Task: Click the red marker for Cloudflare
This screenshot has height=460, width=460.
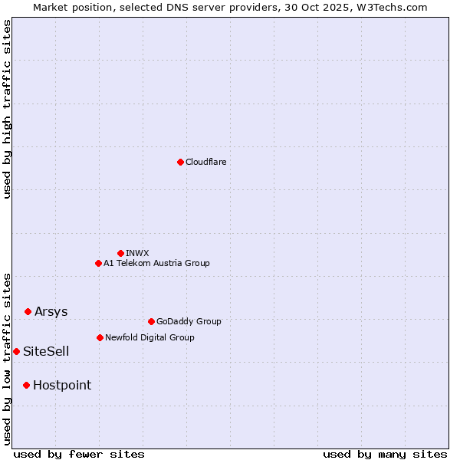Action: coord(180,162)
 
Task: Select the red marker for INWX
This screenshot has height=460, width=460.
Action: coord(120,253)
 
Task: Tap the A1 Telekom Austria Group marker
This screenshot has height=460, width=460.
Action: coord(98,263)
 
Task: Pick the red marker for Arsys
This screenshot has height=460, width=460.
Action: coord(28,311)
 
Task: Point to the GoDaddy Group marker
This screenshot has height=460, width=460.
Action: coord(151,321)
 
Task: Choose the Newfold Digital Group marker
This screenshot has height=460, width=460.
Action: coord(100,337)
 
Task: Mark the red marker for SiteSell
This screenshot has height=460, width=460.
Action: coord(16,351)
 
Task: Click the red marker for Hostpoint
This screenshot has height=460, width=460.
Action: coord(26,385)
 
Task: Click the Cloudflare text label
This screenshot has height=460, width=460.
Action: coord(205,162)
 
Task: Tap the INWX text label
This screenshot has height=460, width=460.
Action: coord(137,253)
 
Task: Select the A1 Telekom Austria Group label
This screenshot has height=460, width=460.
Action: coord(156,263)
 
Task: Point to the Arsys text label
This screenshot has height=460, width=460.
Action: coord(51,311)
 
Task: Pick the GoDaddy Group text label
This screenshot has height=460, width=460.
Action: coord(189,321)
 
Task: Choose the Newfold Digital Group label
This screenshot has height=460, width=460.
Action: coord(149,337)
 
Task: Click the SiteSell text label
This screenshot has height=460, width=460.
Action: coord(46,351)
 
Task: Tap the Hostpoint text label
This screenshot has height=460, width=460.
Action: coord(61,385)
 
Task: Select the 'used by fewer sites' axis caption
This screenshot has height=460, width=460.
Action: coord(79,455)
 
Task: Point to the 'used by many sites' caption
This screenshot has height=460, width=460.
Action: coord(385,455)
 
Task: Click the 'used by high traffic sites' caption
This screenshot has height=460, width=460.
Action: coord(7,109)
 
